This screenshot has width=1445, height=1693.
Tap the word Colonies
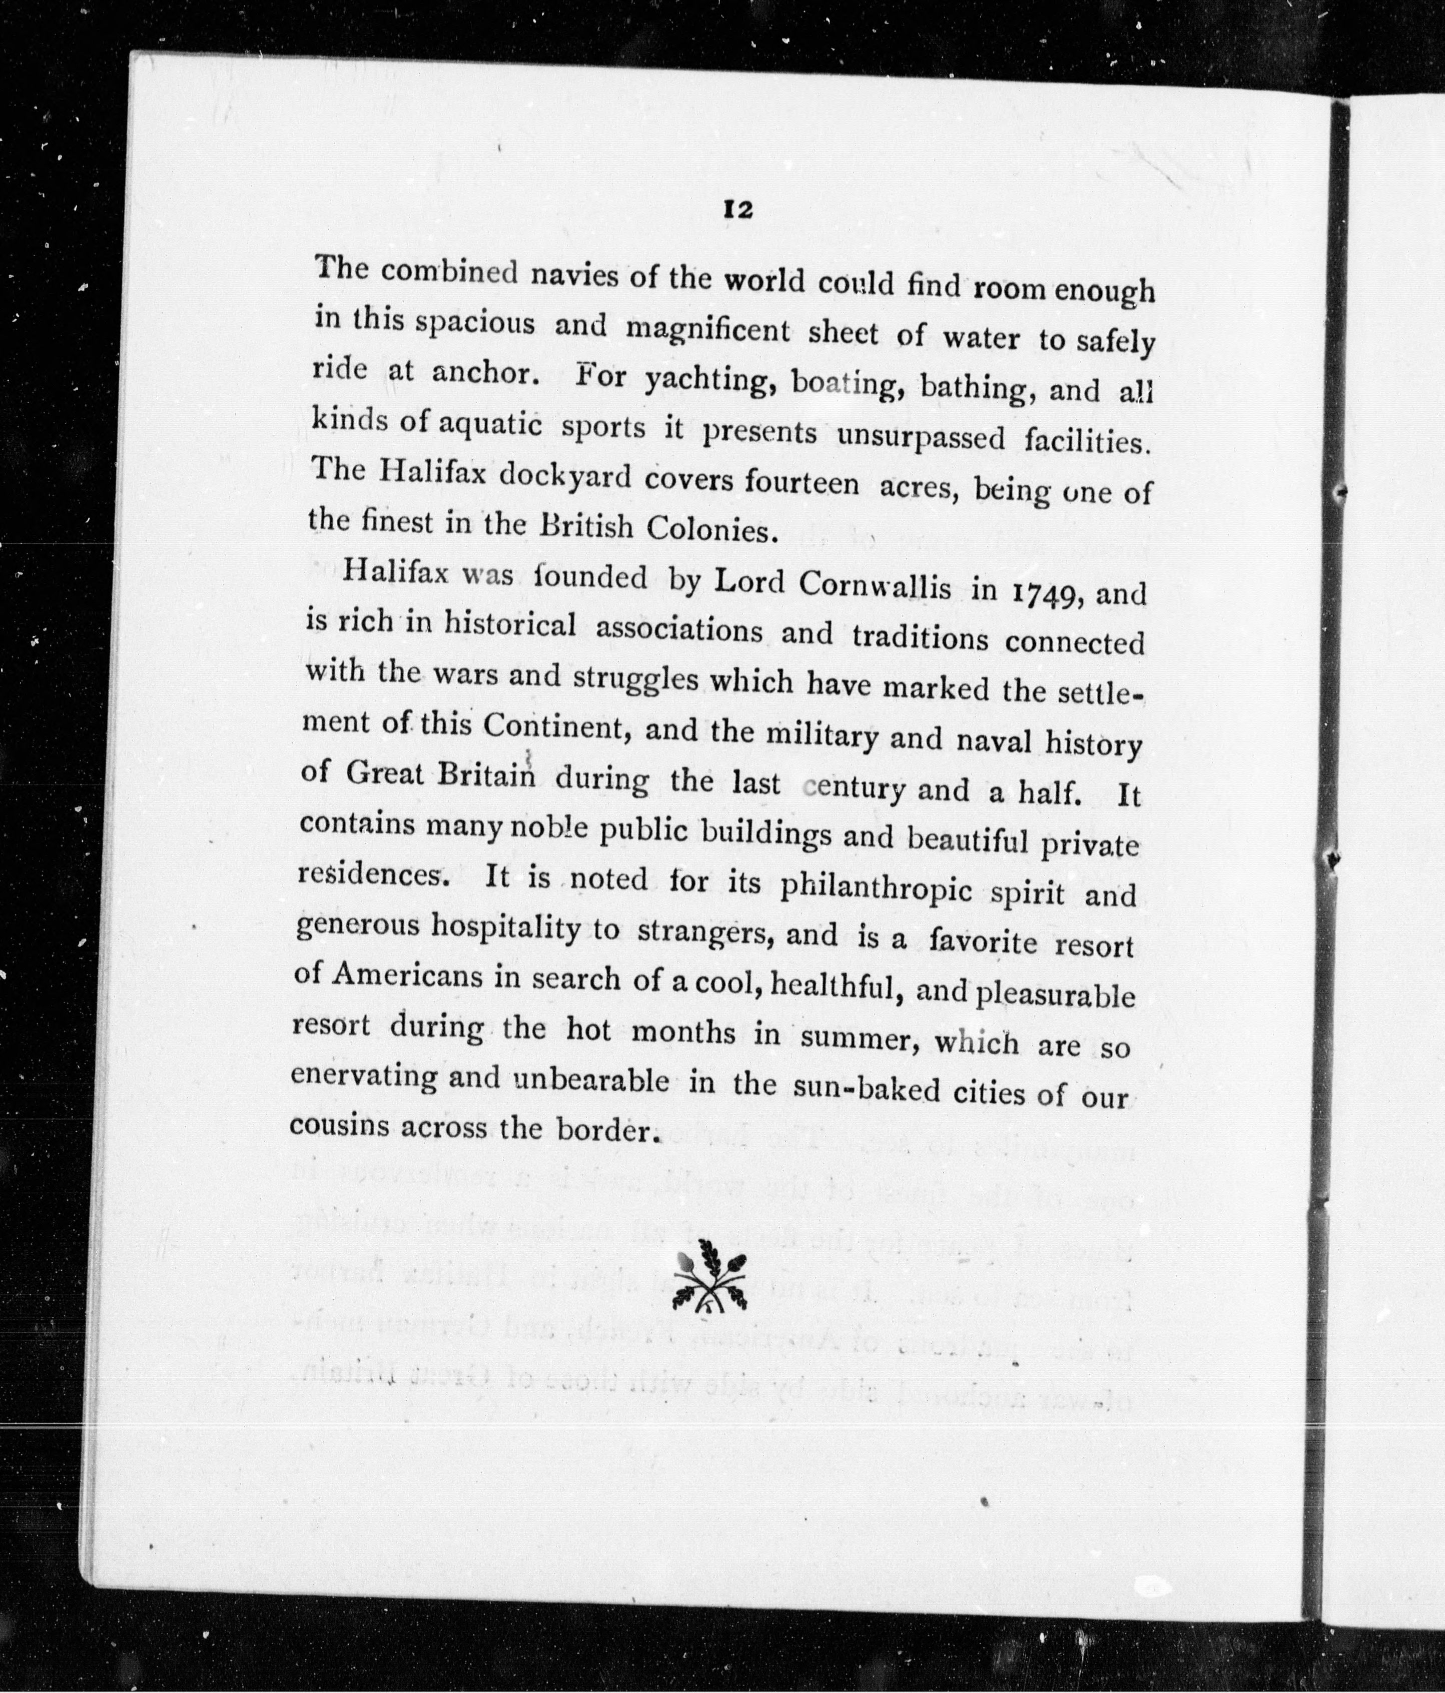(x=708, y=529)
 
